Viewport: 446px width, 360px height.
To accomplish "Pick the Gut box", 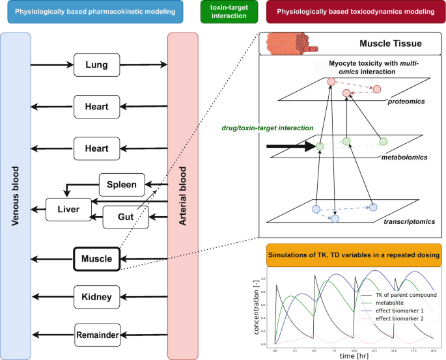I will (126, 215).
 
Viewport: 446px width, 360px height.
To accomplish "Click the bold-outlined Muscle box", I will (96, 259).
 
